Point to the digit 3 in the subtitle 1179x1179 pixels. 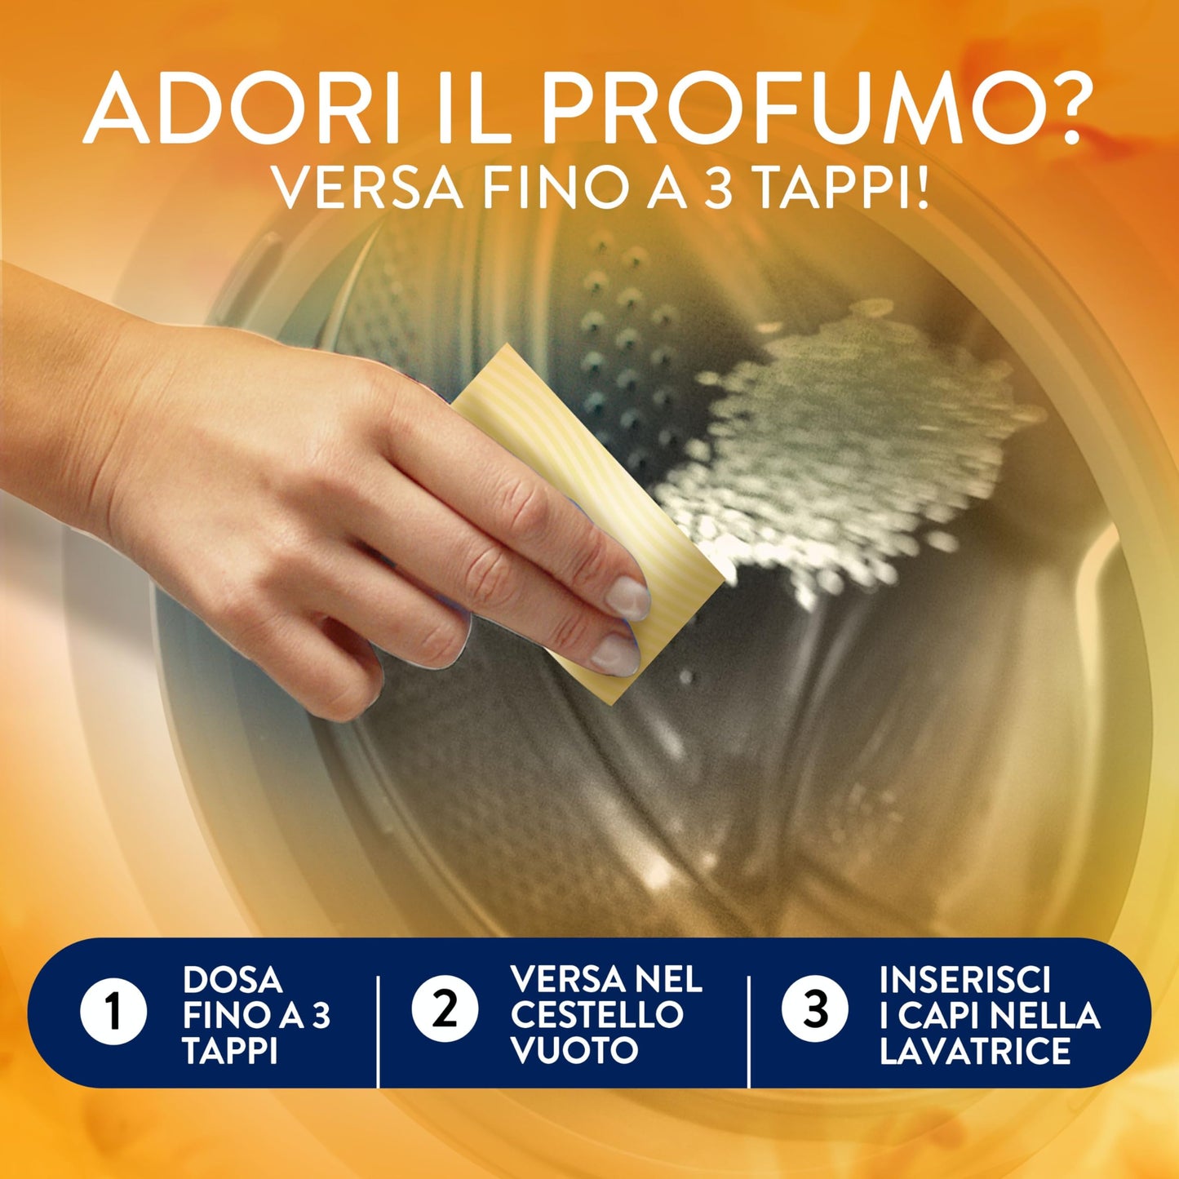717,188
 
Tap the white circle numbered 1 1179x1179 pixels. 113,1012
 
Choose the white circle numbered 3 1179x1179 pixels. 814,1010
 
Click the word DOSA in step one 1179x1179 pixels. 233,979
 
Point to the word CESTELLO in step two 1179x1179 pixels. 596,1014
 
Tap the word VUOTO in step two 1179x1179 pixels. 574,1050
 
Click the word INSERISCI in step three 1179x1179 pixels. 965,979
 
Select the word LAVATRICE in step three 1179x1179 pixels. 975,1050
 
